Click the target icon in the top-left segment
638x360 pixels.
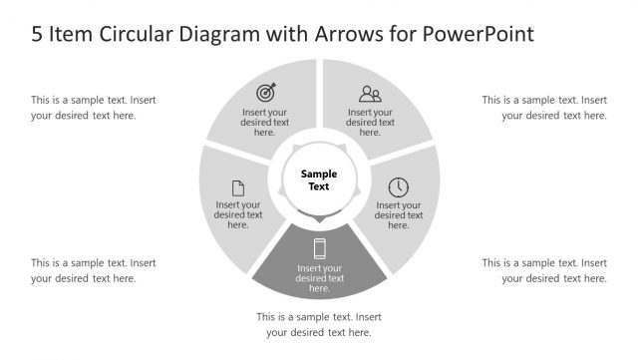coord(265,93)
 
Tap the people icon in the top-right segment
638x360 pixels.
coord(370,95)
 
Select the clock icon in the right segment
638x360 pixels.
coord(398,186)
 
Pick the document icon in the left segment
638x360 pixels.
coord(238,187)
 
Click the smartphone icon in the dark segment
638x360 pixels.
coord(320,248)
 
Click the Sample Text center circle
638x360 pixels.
coord(319,180)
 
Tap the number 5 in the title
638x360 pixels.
coord(38,34)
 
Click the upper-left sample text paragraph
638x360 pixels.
coord(93,107)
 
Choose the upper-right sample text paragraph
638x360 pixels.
coord(544,107)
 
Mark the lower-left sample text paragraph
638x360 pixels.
coord(93,270)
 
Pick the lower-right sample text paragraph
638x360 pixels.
coord(544,270)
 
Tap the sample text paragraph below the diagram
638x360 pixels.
coord(319,324)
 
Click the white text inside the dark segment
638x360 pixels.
coord(320,278)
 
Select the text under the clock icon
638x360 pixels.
coord(398,214)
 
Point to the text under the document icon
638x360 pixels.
coord(238,214)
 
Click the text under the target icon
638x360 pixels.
coord(265,122)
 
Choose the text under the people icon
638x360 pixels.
coord(370,122)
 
